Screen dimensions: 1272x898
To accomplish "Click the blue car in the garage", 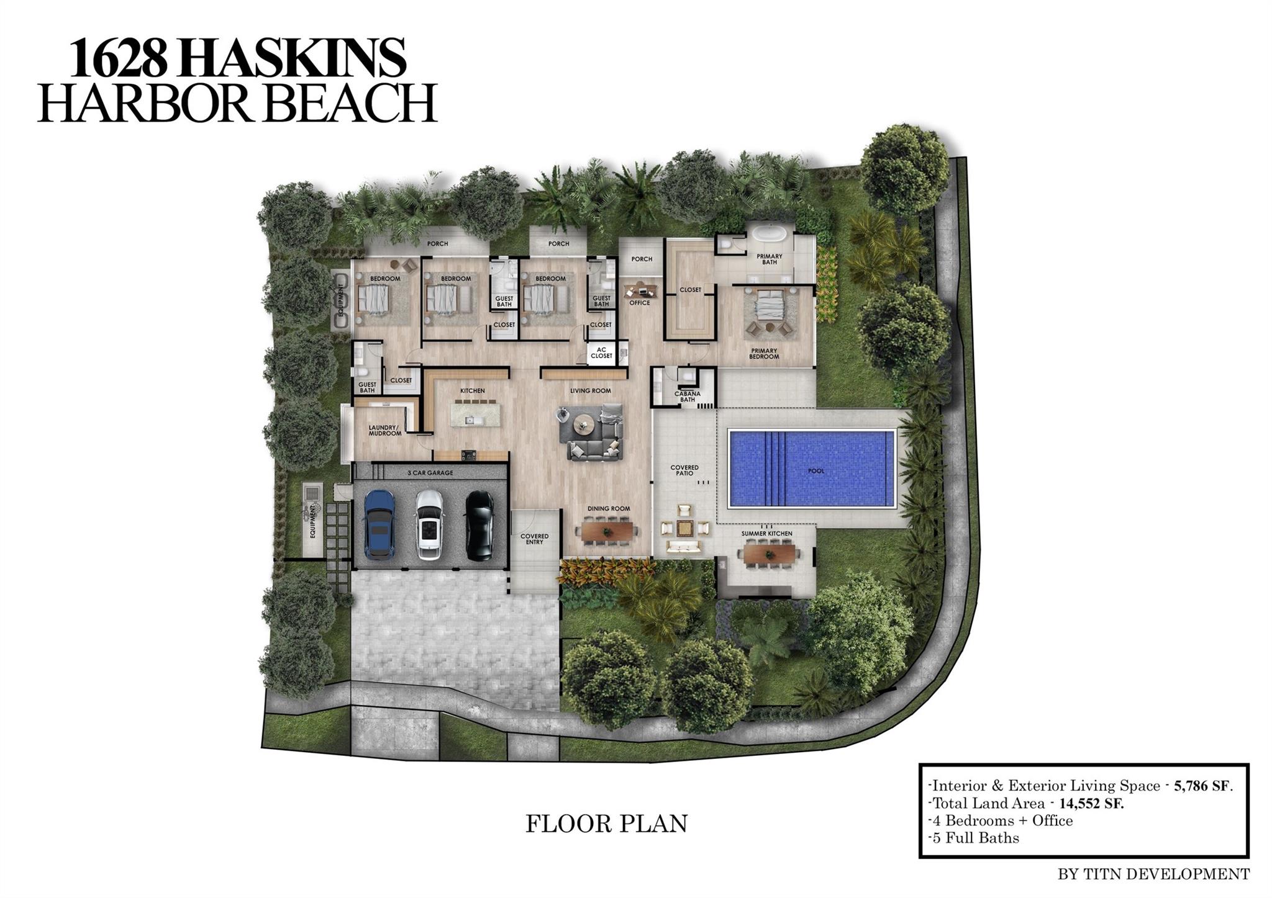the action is [379, 524].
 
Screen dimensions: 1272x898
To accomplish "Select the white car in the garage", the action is [429, 524].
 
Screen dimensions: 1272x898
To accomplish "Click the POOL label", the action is [816, 471].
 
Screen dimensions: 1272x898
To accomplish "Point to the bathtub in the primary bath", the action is [770, 236].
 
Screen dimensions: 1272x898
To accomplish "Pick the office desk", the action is [640, 290].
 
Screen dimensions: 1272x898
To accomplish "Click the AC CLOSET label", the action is [601, 352].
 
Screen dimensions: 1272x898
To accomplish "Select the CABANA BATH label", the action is [688, 397].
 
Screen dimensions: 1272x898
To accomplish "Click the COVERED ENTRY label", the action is [534, 539].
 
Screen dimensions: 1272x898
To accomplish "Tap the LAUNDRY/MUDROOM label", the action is [385, 430].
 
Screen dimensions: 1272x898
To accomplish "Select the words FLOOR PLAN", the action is [607, 824].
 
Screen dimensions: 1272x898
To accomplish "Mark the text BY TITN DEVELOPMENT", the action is [1154, 874].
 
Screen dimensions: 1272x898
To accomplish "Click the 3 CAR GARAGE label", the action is [430, 473].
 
